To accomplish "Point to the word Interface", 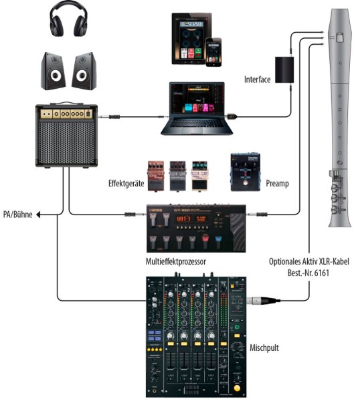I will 258,80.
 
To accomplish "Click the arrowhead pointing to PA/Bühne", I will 39,215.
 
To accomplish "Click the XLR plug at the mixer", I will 258,301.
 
